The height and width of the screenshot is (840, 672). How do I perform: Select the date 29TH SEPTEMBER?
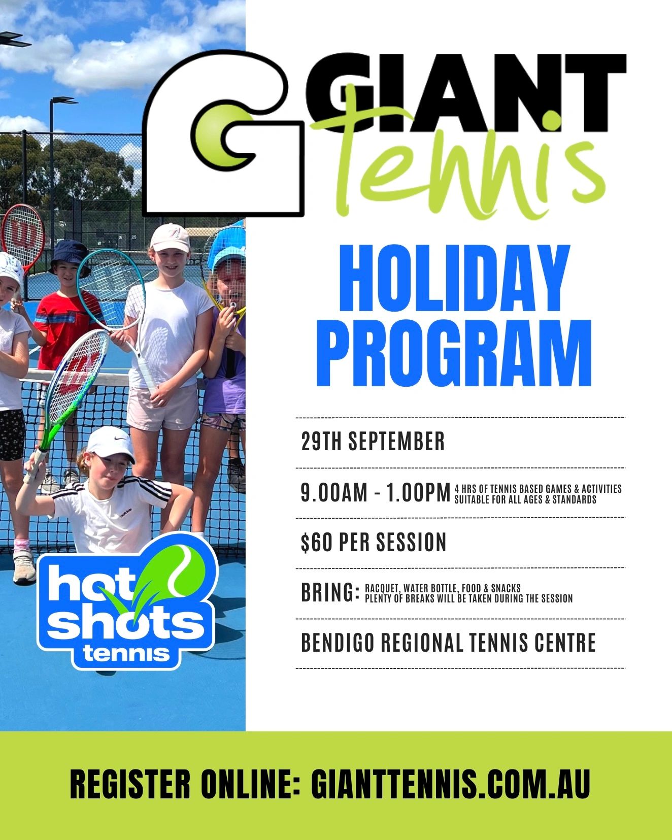coord(373,441)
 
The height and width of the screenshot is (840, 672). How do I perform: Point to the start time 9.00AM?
coord(334,492)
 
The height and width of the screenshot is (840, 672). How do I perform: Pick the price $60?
coord(317,542)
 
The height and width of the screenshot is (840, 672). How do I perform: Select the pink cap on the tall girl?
coord(169,238)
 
